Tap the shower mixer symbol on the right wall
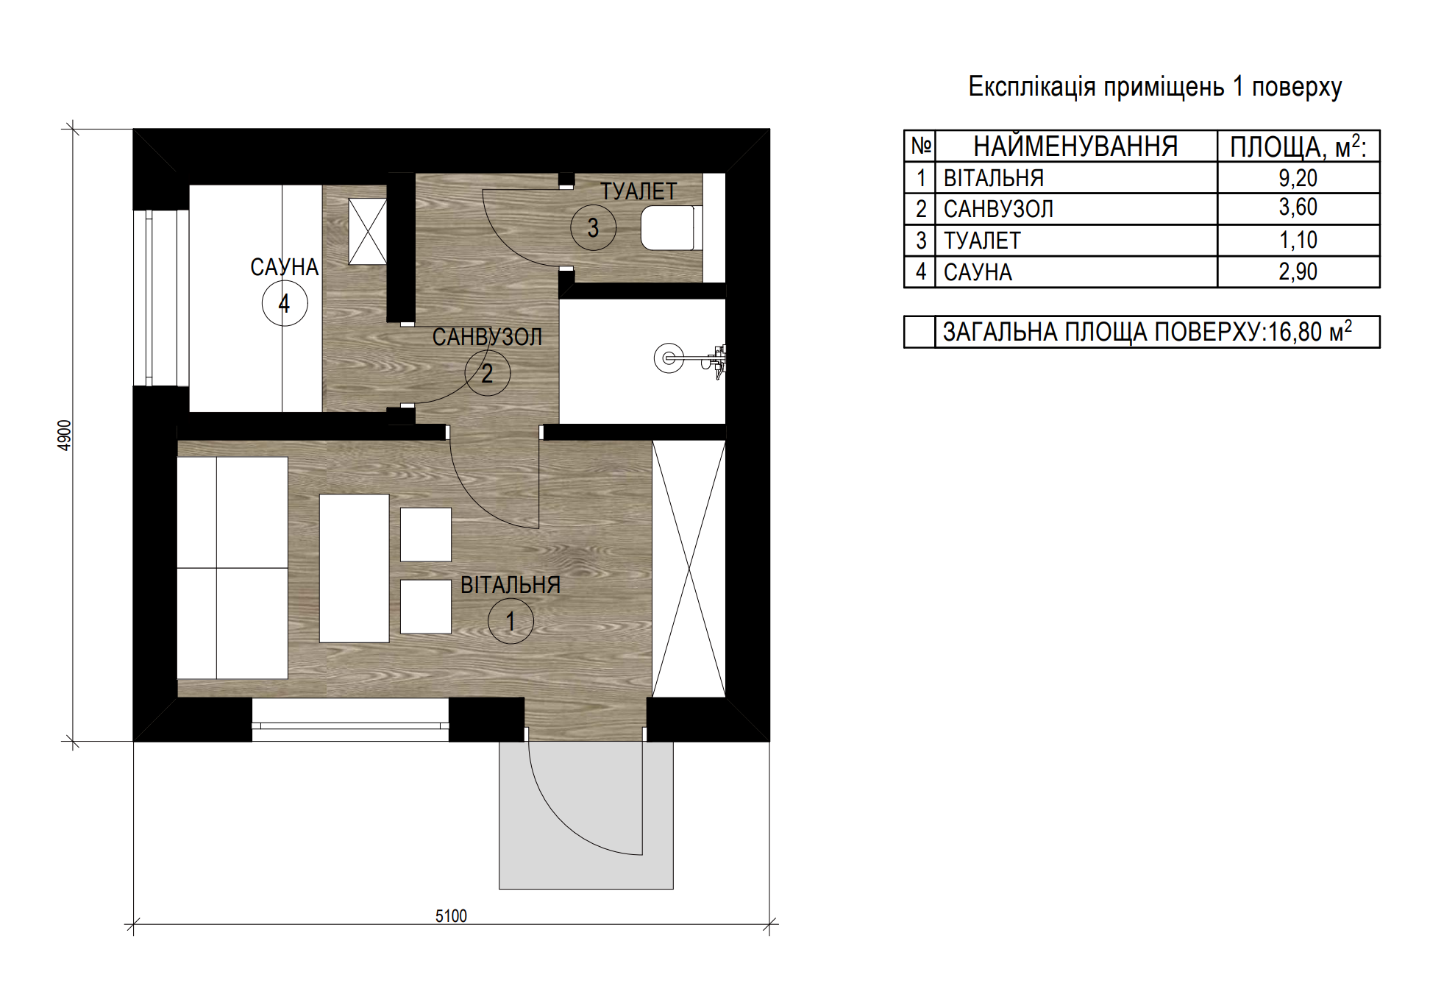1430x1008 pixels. (690, 359)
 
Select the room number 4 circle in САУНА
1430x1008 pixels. (285, 303)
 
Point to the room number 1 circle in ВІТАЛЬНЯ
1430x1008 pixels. (511, 621)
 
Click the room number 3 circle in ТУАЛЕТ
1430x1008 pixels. (593, 227)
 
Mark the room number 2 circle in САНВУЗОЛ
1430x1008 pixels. (487, 373)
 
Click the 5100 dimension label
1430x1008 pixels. (451, 916)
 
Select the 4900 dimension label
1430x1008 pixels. (65, 436)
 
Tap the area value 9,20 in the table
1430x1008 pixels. (1298, 178)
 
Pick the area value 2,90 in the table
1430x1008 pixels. (1298, 272)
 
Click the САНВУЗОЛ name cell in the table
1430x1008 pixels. (998, 210)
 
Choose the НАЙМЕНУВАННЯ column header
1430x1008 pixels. (1075, 146)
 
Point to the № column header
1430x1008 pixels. (920, 146)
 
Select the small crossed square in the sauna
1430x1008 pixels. (367, 231)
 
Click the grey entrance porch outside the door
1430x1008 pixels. (586, 815)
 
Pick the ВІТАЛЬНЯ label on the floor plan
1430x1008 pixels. (511, 585)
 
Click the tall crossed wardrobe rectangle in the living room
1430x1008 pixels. (689, 569)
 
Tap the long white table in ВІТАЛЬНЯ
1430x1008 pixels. (354, 568)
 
